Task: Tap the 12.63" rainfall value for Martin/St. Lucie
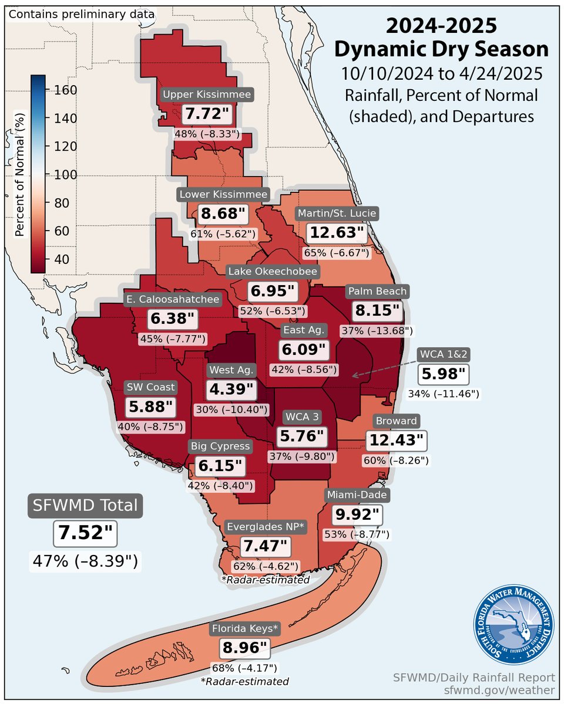pos(338,233)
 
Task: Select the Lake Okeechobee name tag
pos(274,271)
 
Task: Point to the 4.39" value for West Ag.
pos(231,389)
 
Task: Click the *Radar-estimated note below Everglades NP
pos(266,580)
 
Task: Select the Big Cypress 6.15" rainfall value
pos(221,467)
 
